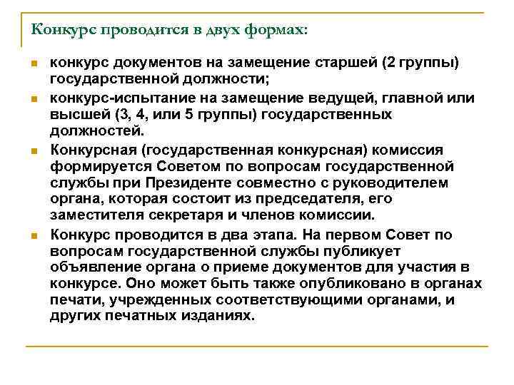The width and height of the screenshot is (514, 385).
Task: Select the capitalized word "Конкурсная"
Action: pyautogui.click(x=91, y=150)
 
